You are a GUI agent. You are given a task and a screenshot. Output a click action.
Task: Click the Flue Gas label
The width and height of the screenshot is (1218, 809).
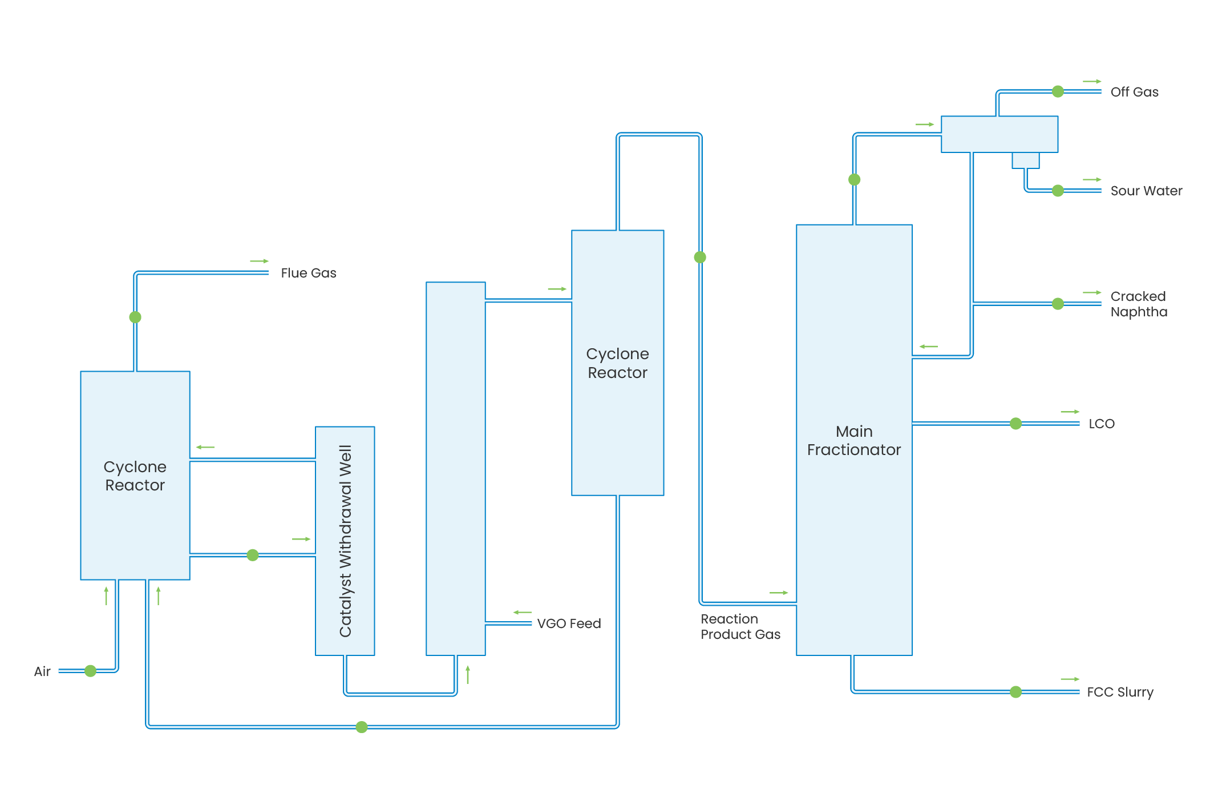pyautogui.click(x=308, y=273)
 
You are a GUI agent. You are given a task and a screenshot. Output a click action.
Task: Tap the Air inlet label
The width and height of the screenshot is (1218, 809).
pyautogui.click(x=42, y=671)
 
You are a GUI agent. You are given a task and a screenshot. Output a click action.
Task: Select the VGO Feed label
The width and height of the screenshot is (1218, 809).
pyautogui.click(x=569, y=623)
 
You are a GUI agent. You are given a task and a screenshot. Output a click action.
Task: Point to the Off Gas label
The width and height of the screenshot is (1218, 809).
pyautogui.click(x=1134, y=92)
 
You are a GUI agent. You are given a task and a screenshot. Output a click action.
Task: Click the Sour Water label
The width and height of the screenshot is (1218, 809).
pyautogui.click(x=1146, y=191)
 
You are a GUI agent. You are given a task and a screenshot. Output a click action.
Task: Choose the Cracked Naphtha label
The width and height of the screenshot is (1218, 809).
pyautogui.click(x=1139, y=304)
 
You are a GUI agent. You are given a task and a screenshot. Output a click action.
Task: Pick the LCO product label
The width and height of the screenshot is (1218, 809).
pyautogui.click(x=1101, y=424)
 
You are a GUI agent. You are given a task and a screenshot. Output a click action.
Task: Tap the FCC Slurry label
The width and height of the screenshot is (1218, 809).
pyautogui.click(x=1120, y=692)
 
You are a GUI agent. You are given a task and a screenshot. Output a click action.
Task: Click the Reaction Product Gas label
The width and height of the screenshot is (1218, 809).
pyautogui.click(x=740, y=626)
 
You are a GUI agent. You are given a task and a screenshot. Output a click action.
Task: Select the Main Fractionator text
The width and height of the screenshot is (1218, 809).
pyautogui.click(x=854, y=440)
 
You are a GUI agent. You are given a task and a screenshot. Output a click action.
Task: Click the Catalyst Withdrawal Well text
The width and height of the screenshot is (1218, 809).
pyautogui.click(x=345, y=541)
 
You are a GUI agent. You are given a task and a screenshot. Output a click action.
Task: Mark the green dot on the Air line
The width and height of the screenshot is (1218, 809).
pyautogui.click(x=90, y=671)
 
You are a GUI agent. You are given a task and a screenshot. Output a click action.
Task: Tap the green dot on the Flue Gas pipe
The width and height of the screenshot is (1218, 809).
pyautogui.click(x=135, y=317)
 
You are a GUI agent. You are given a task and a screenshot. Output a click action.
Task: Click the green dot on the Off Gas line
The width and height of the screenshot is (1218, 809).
pyautogui.click(x=1058, y=91)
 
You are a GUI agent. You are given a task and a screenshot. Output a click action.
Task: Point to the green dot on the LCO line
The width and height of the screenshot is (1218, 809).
pyautogui.click(x=1015, y=423)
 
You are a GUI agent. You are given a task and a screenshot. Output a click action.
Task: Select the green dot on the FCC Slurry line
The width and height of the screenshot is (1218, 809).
pyautogui.click(x=1015, y=692)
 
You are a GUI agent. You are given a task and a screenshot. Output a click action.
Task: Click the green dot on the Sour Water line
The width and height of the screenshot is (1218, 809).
pyautogui.click(x=1058, y=191)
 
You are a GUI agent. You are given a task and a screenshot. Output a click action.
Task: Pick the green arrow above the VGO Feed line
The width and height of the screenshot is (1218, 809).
pyautogui.click(x=522, y=613)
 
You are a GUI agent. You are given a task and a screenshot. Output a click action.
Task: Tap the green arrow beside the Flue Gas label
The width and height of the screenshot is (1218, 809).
pyautogui.click(x=259, y=261)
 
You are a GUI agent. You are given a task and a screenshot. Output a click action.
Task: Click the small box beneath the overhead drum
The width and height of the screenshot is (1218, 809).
pyautogui.click(x=1025, y=160)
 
